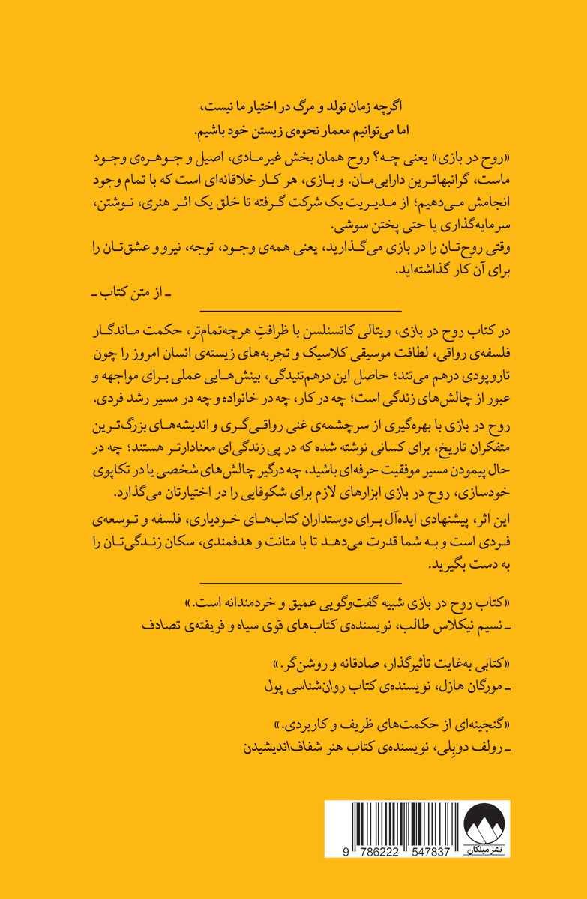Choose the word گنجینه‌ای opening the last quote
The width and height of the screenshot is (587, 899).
pos(467,726)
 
